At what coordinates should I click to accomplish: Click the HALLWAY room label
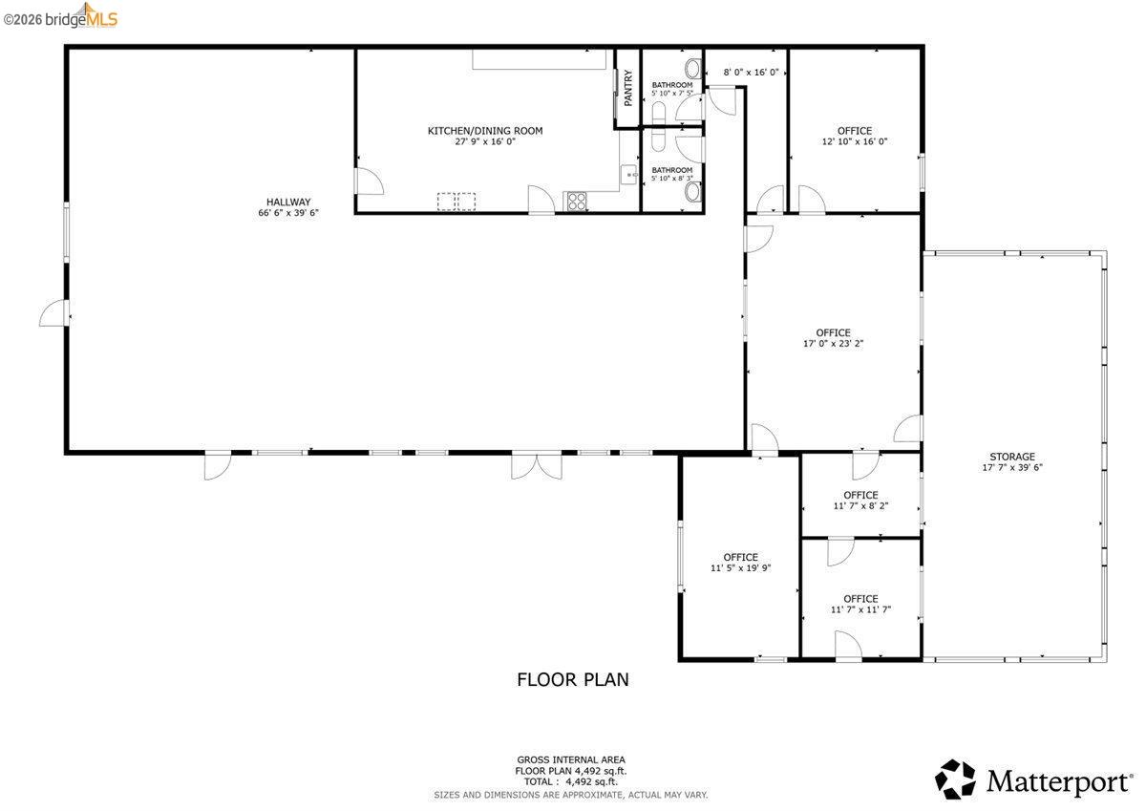(x=287, y=202)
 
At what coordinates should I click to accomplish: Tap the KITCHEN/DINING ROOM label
(x=484, y=131)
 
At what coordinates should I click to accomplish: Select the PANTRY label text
(x=627, y=88)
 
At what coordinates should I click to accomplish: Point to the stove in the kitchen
(x=577, y=202)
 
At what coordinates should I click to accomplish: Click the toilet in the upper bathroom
(x=692, y=69)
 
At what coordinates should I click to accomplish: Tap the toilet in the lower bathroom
(x=693, y=192)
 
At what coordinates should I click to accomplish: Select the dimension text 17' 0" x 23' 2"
(x=833, y=344)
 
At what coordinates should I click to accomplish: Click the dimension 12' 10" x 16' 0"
(x=855, y=141)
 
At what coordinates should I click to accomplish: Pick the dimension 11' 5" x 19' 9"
(x=740, y=567)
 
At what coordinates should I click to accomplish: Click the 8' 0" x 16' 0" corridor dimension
(x=751, y=72)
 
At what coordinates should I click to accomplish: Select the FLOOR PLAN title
(x=572, y=680)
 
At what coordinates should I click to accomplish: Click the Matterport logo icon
(x=955, y=779)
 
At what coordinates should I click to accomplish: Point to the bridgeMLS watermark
(x=62, y=15)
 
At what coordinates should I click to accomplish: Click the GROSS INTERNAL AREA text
(x=572, y=758)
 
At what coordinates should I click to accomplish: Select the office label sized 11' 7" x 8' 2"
(x=859, y=495)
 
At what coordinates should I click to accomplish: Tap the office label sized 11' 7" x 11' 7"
(x=859, y=599)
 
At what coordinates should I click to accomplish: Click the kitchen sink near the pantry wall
(x=629, y=174)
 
